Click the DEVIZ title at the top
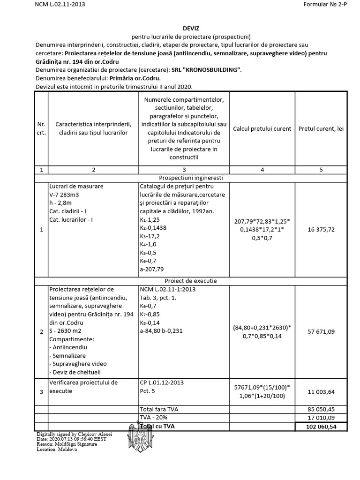point(184,28)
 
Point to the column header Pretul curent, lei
point(321,128)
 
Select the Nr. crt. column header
point(41,128)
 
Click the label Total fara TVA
point(159,409)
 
